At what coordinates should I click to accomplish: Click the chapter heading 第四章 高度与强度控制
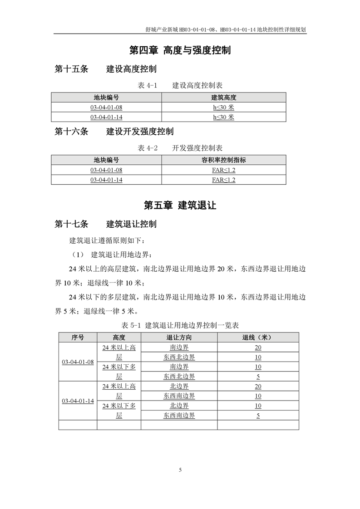180,50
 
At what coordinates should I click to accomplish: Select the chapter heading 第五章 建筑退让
180,206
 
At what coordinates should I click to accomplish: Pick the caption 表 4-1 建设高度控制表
180,85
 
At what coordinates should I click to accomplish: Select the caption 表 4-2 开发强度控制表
180,148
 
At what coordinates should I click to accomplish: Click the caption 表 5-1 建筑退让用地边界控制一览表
180,325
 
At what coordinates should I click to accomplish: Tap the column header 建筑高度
224,97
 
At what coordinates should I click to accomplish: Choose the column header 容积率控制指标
224,160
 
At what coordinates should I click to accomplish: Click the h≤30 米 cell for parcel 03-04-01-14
224,117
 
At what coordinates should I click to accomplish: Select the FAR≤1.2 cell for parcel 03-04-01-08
224,170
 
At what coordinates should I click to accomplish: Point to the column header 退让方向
179,337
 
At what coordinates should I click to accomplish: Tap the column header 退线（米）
258,337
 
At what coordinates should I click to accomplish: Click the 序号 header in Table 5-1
78,337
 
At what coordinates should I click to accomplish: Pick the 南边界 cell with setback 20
179,347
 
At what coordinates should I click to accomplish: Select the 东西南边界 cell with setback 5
179,415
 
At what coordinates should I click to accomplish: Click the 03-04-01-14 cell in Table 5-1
78,401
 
